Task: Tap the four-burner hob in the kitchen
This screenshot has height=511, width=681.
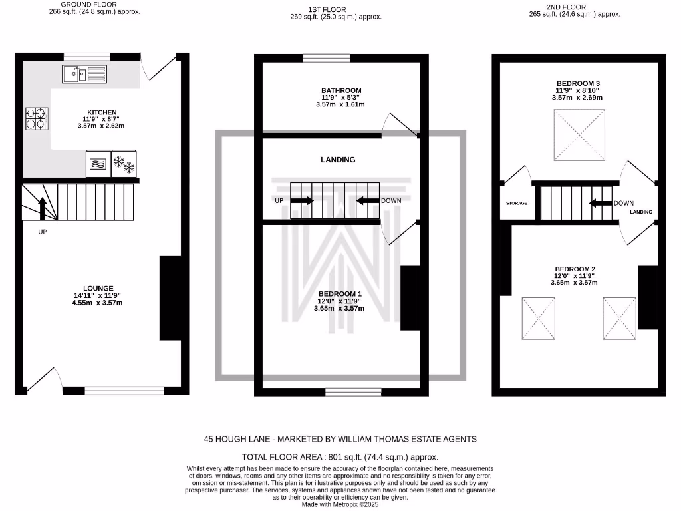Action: pos(37,118)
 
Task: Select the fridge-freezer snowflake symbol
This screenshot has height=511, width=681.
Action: pos(124,164)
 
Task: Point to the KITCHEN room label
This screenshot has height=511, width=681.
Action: pos(102,112)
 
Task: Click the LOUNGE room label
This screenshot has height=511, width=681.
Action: pos(98,289)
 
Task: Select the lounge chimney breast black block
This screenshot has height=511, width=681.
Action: pos(170,298)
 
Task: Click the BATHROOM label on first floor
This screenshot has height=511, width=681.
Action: pos(341,90)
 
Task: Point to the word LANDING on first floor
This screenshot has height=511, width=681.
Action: pos(338,160)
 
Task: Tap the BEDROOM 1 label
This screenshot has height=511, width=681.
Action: pos(340,294)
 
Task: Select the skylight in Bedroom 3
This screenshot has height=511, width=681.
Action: pos(580,136)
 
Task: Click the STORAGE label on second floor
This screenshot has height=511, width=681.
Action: pos(516,203)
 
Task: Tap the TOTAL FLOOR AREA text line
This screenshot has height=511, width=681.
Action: pos(340,457)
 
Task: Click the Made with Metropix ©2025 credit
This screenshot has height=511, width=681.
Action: pos(340,505)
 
